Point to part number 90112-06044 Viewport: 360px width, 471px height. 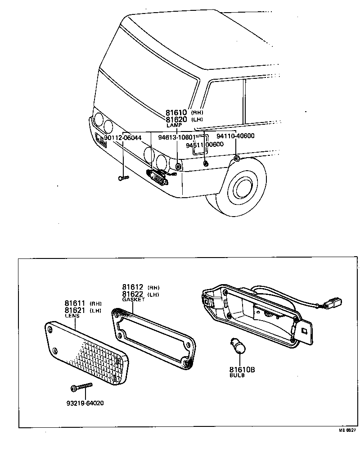pos(122,137)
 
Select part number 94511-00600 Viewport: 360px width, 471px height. pos(205,144)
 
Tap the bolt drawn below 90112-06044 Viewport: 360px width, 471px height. pos(123,178)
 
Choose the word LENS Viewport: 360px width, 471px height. pos(72,316)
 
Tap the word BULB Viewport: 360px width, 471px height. pos(237,375)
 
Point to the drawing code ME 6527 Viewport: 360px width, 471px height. pos(347,430)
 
